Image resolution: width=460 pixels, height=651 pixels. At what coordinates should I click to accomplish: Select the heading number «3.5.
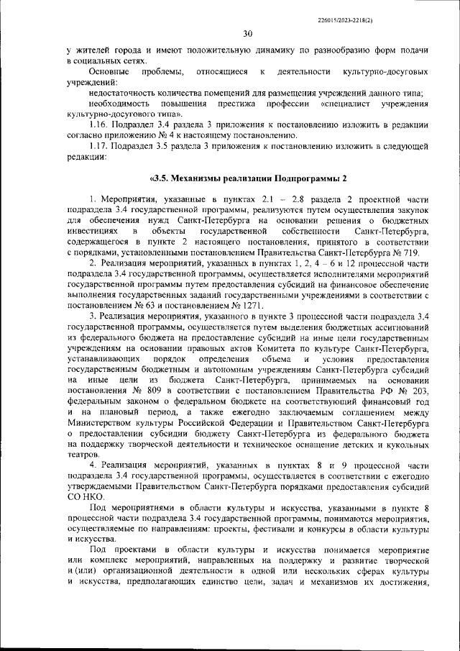coord(160,178)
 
